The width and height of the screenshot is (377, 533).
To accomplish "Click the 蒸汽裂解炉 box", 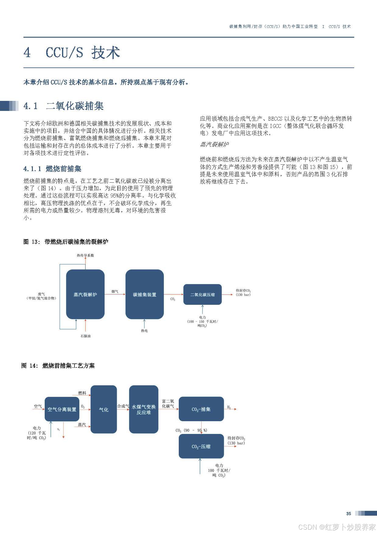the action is point(85,294).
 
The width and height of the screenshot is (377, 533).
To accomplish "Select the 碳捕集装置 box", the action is point(144,294).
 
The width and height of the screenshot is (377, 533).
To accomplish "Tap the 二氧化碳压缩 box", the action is point(202,294).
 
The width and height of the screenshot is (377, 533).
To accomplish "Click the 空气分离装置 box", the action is point(62,409).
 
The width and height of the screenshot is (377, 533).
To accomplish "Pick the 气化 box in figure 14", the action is point(104,409).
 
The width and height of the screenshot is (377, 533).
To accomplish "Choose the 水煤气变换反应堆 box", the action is point(144,409).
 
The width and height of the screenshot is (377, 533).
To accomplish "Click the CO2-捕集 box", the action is point(201,409).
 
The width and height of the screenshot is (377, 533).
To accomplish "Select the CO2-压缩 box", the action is point(201,446).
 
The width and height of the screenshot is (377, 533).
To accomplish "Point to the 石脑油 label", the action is point(85,336).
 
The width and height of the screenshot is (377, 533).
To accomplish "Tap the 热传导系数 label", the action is point(85,255).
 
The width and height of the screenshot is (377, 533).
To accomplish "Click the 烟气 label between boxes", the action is point(115,291).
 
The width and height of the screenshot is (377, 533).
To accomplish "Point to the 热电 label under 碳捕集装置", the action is point(144,331).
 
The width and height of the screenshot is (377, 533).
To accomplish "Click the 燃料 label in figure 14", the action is point(82,393).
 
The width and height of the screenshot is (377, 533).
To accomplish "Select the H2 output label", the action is point(229,407).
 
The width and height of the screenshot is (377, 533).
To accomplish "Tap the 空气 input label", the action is point(38,406).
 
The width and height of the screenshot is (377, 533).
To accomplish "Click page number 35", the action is point(348,514).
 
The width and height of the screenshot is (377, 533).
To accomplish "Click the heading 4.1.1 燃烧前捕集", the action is point(52,169).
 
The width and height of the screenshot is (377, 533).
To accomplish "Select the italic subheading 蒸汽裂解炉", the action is point(214,144).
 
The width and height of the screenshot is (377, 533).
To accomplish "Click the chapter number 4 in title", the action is point(27,53).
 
